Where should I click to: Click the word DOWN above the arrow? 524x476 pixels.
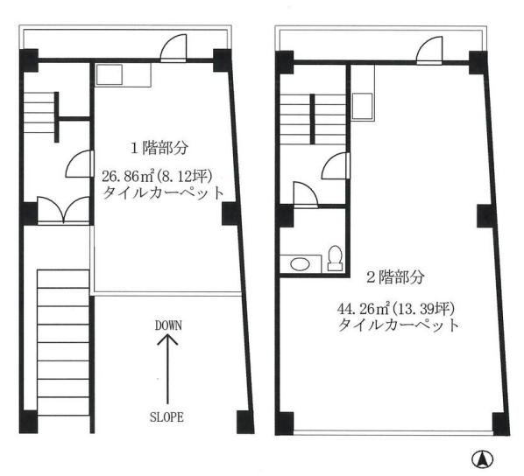(168, 325)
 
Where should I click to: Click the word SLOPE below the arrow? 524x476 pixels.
(166, 417)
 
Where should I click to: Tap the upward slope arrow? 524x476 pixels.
(167, 369)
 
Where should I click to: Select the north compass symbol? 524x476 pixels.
(483, 459)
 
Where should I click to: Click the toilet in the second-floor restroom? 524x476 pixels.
(335, 258)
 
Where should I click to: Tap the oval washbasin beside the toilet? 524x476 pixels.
(300, 264)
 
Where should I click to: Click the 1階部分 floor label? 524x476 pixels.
(159, 148)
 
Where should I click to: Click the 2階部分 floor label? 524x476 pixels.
(396, 276)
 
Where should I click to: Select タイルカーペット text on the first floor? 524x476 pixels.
(163, 192)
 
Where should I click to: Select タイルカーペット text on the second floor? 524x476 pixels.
(399, 325)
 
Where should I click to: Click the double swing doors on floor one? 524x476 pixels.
(63, 210)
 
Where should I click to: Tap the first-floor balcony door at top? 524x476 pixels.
(173, 48)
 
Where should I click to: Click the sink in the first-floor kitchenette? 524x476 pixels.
(110, 74)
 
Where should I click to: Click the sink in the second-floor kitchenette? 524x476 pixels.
(363, 106)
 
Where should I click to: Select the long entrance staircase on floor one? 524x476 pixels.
(63, 342)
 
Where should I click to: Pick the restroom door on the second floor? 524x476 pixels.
(306, 194)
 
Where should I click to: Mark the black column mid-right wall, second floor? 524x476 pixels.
(485, 215)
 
